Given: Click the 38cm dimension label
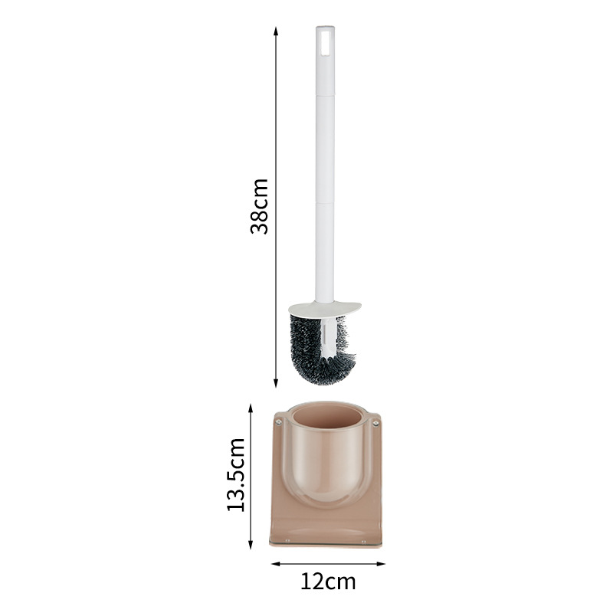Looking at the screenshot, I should (261, 205).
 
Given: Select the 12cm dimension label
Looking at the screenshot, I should (328, 582).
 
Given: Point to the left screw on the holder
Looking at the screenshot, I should (279, 421).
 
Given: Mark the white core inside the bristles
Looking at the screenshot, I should (326, 337).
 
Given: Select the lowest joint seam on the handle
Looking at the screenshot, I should (325, 204).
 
